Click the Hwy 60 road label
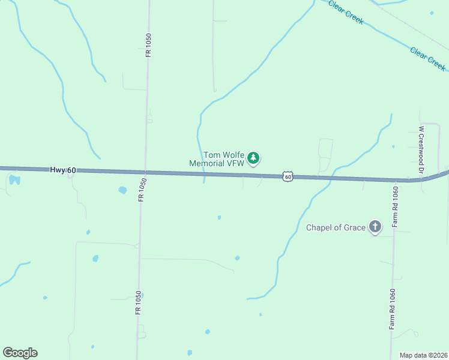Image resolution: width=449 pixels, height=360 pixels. pos(63,170)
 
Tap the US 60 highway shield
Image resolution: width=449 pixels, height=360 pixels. pos(288,176)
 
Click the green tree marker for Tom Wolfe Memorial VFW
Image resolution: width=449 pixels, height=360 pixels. pos(254,158)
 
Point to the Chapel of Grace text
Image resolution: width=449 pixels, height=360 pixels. pos(336,227)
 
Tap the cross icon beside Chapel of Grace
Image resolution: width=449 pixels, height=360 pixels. pos(375,226)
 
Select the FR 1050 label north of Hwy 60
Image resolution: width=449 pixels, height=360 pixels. pos(148,45)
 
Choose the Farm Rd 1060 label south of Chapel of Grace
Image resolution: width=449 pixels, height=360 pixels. pos(392,313)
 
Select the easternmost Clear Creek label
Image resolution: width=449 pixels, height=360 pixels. pos(427,59)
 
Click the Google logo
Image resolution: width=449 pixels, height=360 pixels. pos(20,353)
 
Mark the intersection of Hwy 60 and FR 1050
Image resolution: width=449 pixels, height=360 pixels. pos(145,173)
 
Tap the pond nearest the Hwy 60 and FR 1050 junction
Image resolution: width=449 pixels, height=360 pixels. pos(122,190)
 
